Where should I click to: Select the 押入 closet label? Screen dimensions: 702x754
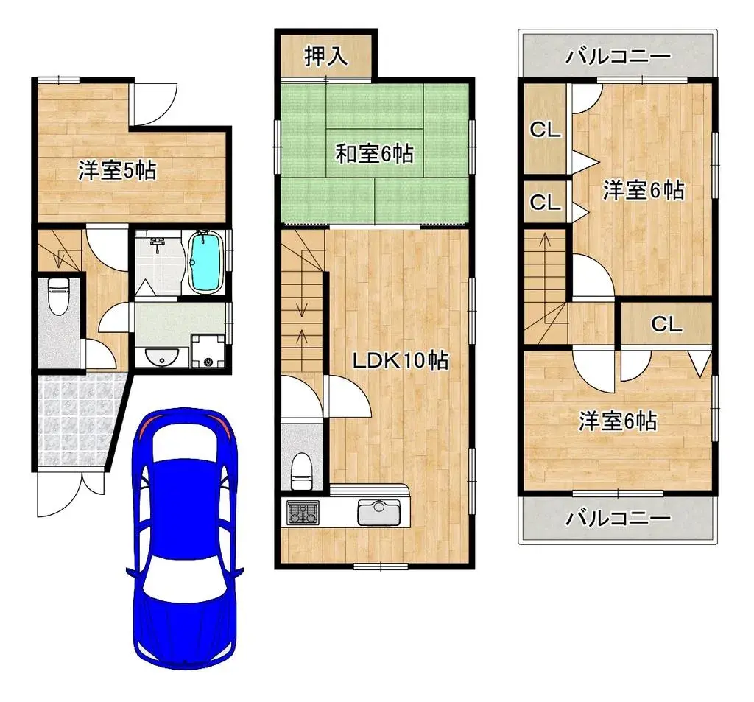[x=326, y=56]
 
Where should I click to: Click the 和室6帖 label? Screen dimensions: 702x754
[x=374, y=154]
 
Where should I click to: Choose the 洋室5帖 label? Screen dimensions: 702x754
[x=117, y=171]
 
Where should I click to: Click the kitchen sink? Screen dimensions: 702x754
[x=378, y=511]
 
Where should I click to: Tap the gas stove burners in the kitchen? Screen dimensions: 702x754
[x=303, y=512]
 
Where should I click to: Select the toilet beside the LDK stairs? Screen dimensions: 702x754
[x=300, y=470]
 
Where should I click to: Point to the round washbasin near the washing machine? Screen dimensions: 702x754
[x=158, y=357]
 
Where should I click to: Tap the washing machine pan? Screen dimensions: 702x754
[x=208, y=352]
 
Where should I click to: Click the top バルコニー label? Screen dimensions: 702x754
[x=618, y=57]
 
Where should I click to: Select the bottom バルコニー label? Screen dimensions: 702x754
[x=618, y=519]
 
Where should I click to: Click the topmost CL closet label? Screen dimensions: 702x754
[x=546, y=131]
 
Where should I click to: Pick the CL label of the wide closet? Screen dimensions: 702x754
[x=666, y=324]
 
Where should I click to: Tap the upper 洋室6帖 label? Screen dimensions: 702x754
[x=644, y=191]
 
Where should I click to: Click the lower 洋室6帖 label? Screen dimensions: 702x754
[x=618, y=421]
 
